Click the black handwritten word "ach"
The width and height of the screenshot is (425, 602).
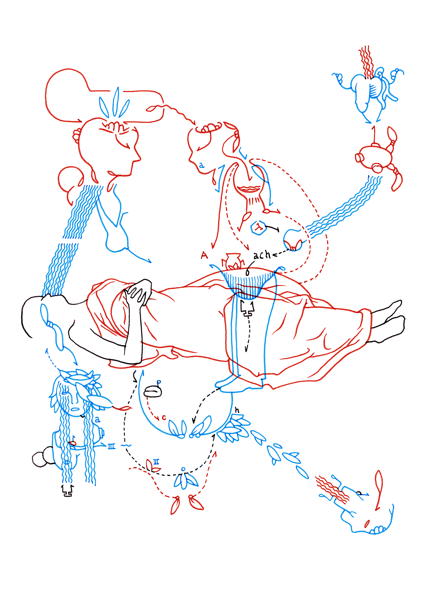262,255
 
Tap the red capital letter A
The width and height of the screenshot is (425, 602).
204,256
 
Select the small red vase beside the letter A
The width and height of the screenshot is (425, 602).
231,261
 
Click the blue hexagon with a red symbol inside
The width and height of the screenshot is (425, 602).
258,228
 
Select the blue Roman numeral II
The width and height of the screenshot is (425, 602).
156,461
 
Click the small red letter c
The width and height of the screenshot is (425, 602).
164,418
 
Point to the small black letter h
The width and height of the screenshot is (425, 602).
237,410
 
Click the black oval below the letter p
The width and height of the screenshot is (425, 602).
153,392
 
